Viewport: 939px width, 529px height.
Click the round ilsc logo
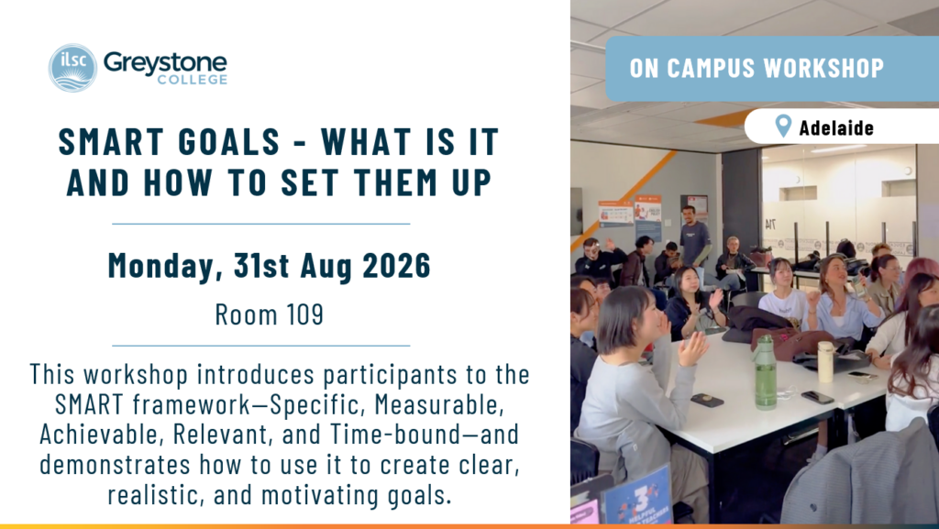point(72,68)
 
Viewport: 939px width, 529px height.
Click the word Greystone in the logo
point(165,61)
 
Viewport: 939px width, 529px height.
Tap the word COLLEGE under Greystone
point(193,80)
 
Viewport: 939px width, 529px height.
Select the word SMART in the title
point(111,142)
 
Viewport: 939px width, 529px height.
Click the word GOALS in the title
point(229,142)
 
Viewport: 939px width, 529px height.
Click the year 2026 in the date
point(396,265)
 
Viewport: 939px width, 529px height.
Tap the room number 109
point(304,314)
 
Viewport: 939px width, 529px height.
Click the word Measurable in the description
point(439,404)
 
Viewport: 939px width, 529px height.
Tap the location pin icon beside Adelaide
point(783,126)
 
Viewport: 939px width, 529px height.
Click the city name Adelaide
point(836,127)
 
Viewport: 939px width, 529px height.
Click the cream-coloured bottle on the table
point(825,361)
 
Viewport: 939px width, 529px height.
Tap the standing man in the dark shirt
point(694,239)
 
